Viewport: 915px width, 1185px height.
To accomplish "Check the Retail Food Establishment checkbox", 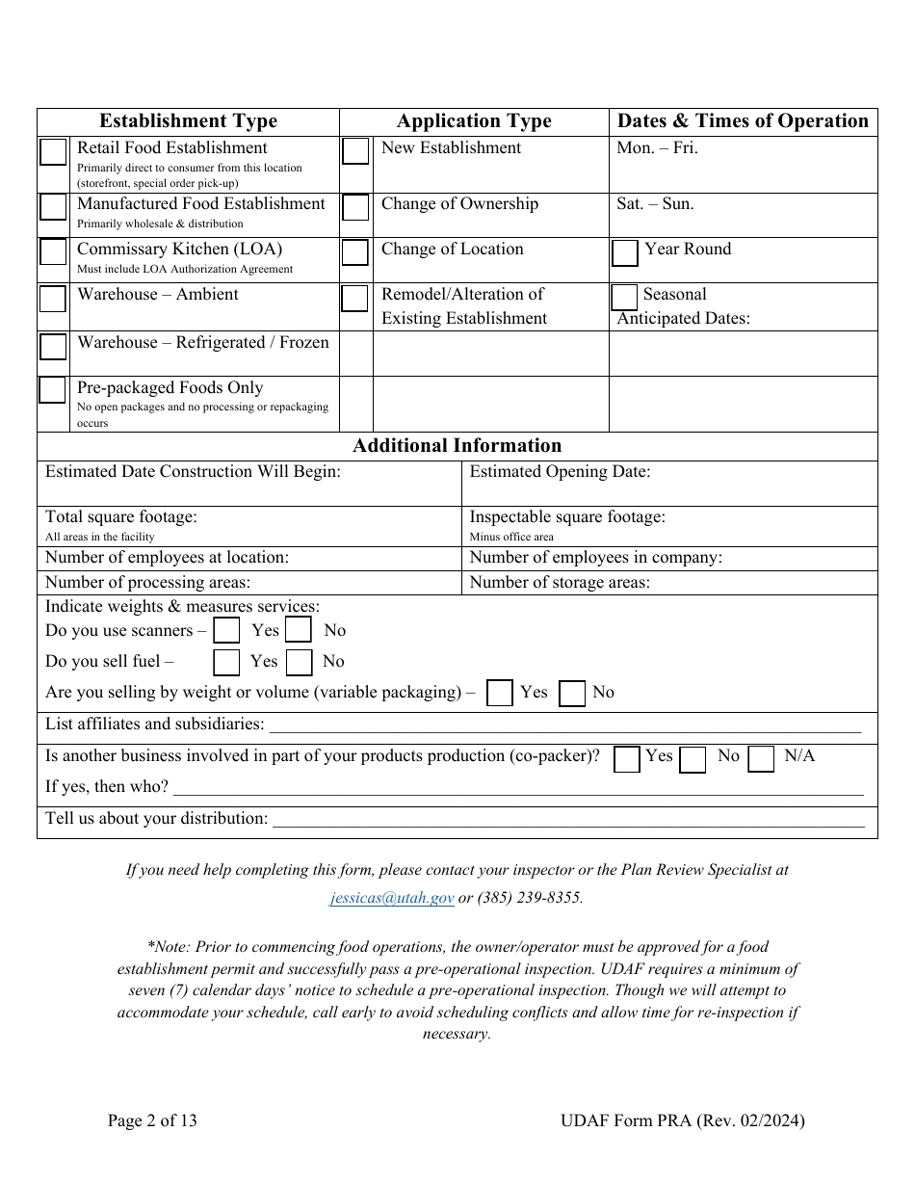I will click(x=53, y=152).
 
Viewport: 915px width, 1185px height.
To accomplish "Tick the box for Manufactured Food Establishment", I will click(x=53, y=207).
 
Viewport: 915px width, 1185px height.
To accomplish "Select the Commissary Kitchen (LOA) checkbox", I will click(x=53, y=252).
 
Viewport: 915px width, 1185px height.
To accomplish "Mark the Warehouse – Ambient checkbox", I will click(x=53, y=299).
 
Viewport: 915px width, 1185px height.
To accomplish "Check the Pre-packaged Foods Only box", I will click(x=53, y=390).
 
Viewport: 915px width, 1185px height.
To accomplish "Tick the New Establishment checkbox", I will click(x=355, y=151).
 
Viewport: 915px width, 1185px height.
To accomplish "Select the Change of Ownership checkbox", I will click(x=355, y=207).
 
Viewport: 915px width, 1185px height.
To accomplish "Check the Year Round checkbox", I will click(x=625, y=253).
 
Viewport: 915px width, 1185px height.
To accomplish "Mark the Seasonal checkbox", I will click(x=624, y=297).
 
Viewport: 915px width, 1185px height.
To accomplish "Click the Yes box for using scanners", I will click(x=226, y=631).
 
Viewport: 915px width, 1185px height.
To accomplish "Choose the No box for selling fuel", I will click(x=300, y=663).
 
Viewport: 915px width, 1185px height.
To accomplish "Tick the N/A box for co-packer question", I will click(x=761, y=759).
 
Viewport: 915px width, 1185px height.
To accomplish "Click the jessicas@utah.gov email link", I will click(x=392, y=898).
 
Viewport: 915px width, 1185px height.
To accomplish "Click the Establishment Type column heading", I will click(x=188, y=121).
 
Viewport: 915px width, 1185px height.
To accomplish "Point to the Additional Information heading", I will click(x=457, y=446).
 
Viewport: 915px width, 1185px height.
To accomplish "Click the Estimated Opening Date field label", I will click(x=560, y=472).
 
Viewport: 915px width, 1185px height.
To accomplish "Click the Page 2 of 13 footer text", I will click(x=152, y=1120).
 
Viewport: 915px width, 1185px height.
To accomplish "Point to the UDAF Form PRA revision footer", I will click(x=682, y=1120).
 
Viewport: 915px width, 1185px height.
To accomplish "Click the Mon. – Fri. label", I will click(x=657, y=148).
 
